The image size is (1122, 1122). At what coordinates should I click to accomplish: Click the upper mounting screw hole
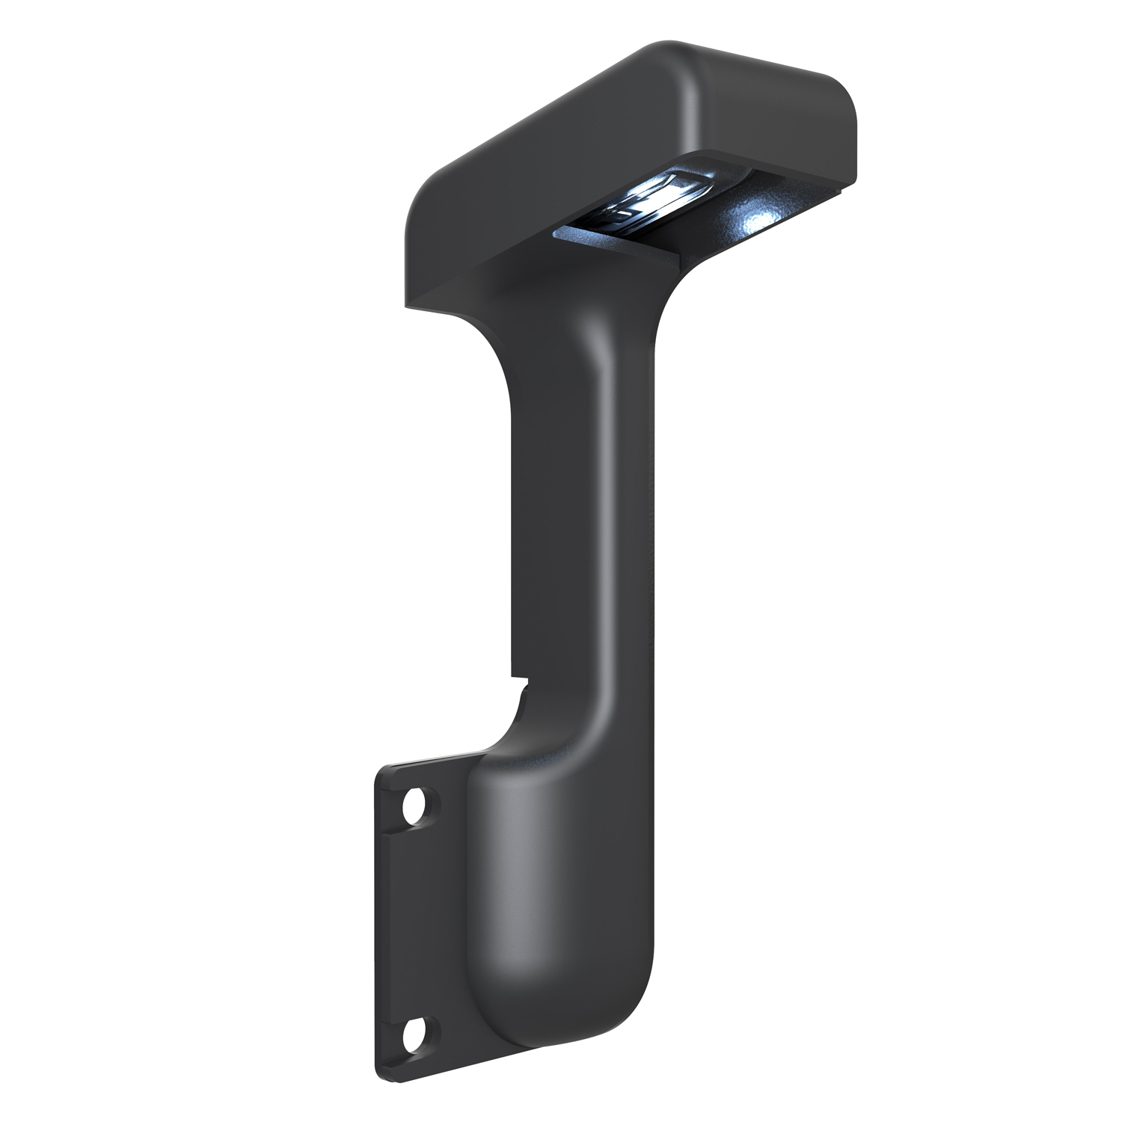click(x=413, y=809)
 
